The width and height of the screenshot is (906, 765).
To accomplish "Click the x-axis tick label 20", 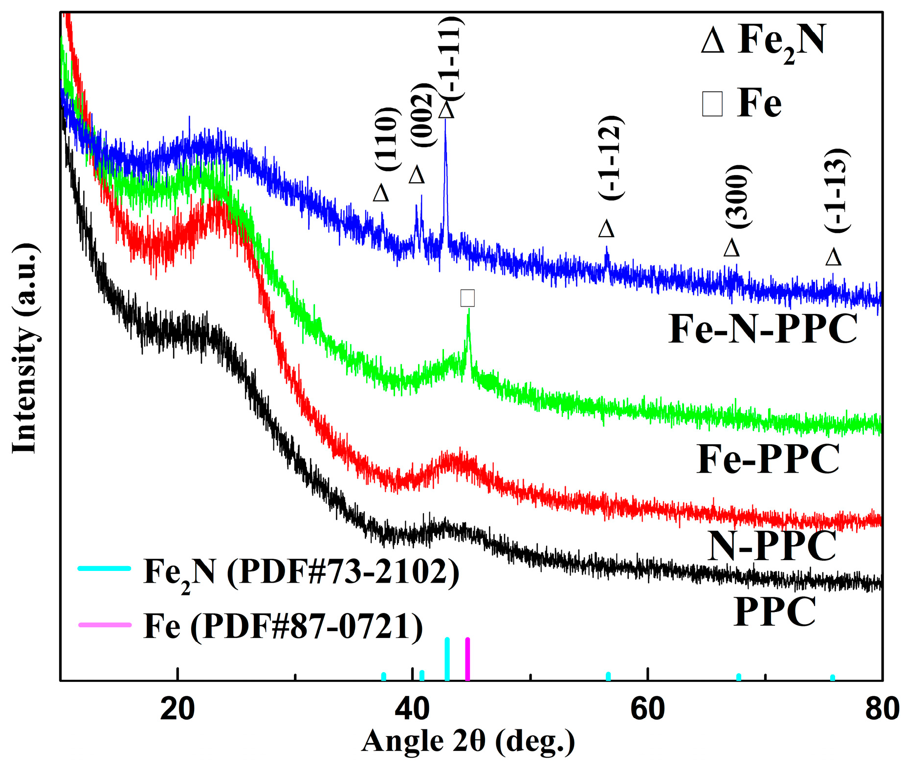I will coord(177,709).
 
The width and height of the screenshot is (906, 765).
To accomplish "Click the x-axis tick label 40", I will coord(412,709).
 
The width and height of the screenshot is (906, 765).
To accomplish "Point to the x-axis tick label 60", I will coord(647,709).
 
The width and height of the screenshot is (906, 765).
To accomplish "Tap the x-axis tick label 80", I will coord(881,709).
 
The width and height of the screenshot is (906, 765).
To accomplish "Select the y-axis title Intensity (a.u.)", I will coord(24,348).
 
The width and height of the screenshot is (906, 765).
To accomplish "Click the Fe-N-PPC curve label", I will coord(762,329).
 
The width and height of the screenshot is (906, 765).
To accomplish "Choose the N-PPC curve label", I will coord(772,546).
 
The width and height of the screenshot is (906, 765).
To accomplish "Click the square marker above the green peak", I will coord(467,298).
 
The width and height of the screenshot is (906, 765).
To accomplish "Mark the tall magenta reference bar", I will coord(467,658).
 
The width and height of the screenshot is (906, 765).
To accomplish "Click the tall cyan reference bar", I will coord(447,658).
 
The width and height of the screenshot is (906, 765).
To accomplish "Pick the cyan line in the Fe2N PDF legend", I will coord(105,568).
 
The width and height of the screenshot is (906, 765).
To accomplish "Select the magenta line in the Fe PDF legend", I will coord(105,624).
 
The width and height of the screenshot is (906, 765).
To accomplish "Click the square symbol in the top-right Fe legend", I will coord(712,104).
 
